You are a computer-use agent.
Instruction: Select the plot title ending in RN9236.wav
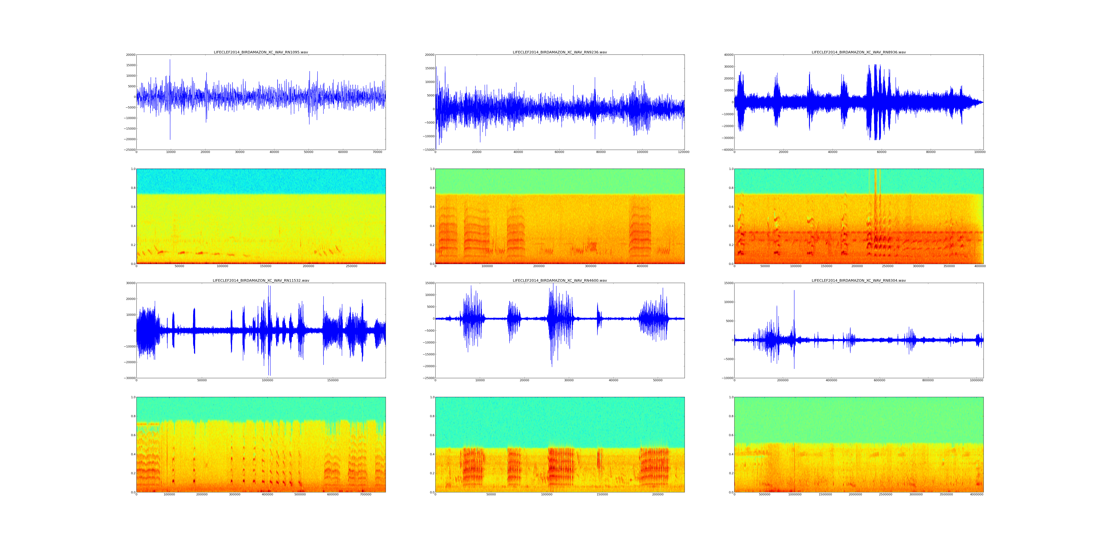(560, 52)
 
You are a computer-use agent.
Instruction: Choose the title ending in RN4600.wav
(560, 281)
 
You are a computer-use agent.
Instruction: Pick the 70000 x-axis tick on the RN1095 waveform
(378, 152)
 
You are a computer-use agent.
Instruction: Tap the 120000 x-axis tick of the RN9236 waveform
(683, 152)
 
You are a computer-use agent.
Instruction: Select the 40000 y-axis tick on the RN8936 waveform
(728, 55)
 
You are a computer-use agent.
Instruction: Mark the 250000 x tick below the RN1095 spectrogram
(351, 266)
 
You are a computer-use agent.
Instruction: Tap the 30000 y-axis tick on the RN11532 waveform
(130, 283)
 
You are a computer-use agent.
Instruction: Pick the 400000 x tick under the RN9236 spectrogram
(642, 266)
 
